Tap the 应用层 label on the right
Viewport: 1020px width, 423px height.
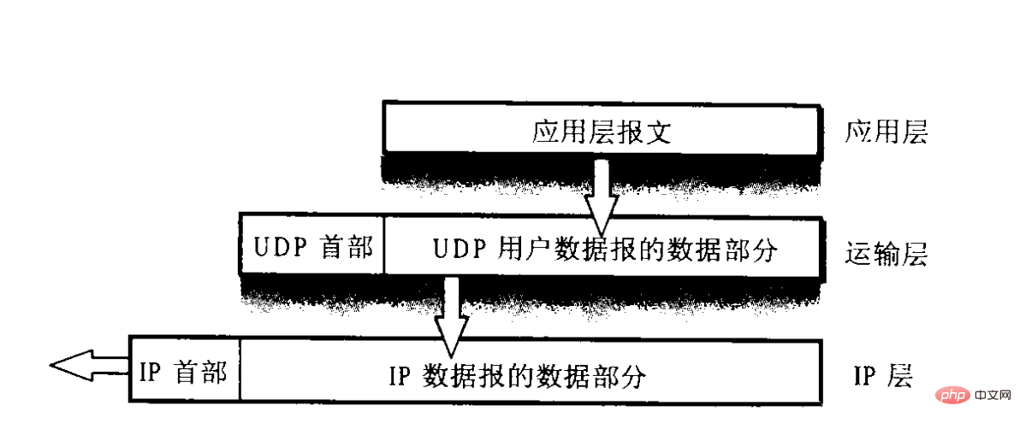[886, 132]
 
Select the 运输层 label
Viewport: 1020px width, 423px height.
[886, 254]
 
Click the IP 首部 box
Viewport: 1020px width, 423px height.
[184, 372]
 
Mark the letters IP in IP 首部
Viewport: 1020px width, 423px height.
[151, 372]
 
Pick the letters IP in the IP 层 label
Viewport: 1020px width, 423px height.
[866, 374]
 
